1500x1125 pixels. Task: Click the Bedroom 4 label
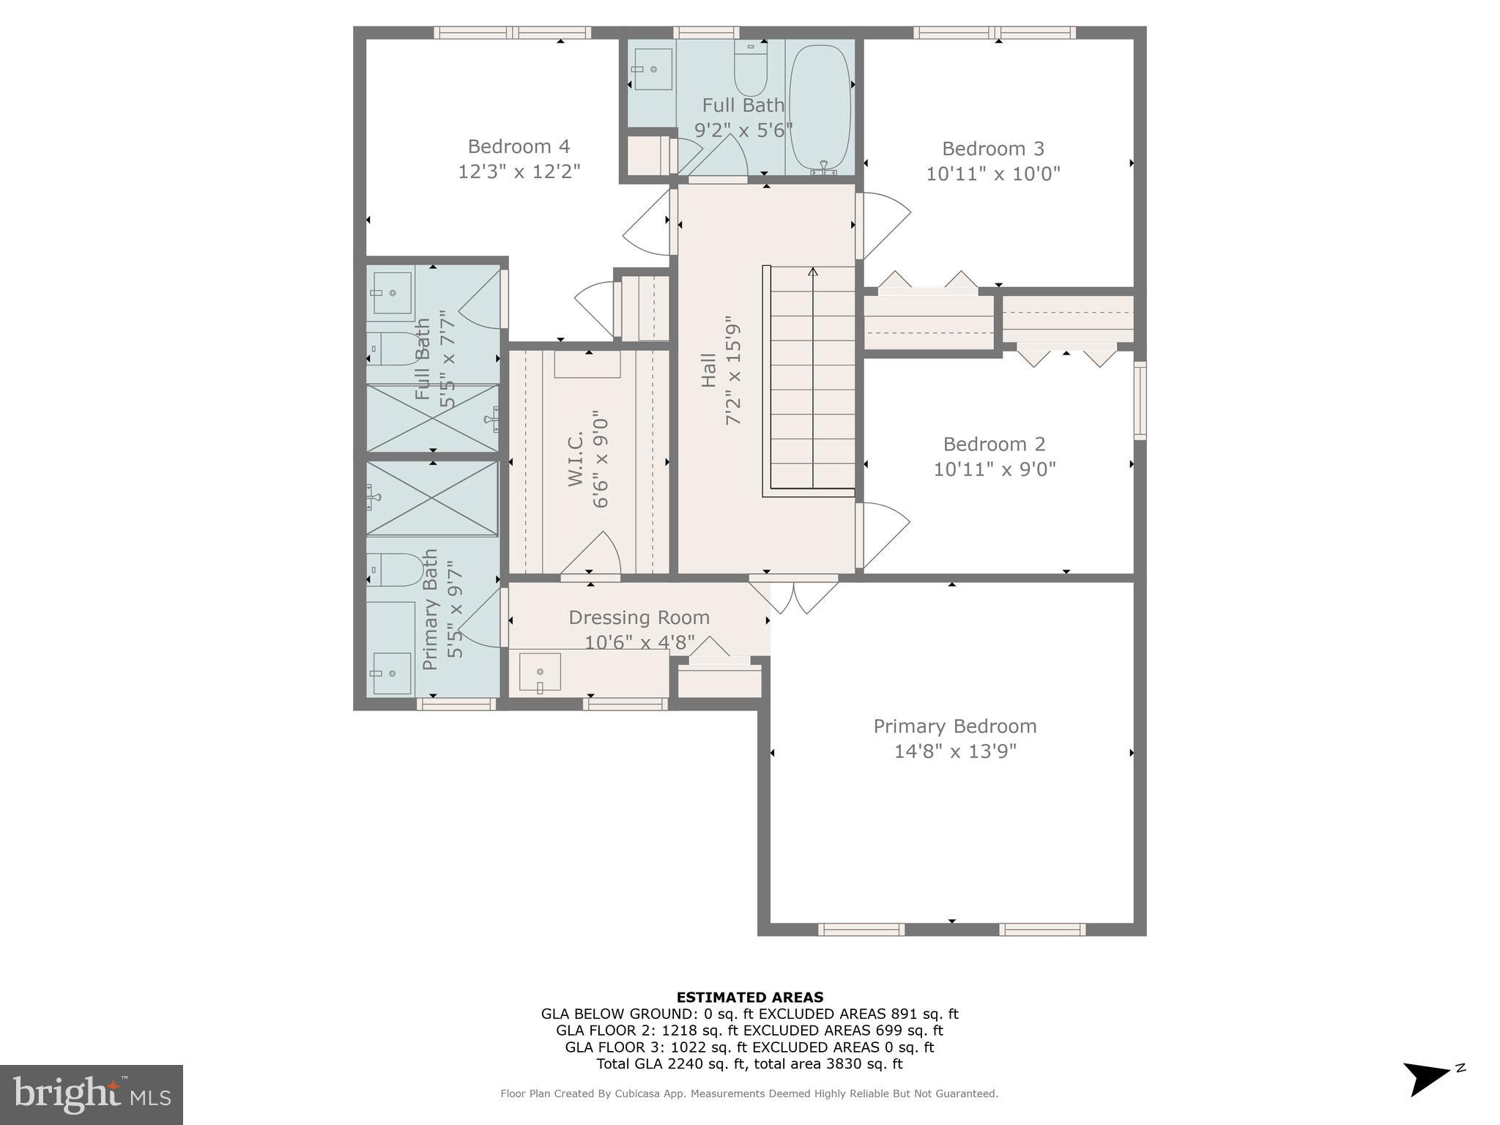519,146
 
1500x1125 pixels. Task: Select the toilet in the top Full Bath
751,70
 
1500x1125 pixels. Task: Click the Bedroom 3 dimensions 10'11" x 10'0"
993,174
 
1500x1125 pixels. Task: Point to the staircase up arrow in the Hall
813,273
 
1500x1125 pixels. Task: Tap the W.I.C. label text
575,458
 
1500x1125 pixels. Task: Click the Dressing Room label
639,617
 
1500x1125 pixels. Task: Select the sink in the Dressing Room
540,672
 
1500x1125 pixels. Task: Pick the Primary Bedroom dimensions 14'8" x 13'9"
955,751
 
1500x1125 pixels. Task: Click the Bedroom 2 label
994,444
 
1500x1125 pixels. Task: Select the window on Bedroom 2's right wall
1140,401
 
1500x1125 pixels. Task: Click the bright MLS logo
92,1094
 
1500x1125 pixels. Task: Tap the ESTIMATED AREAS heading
749,997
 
